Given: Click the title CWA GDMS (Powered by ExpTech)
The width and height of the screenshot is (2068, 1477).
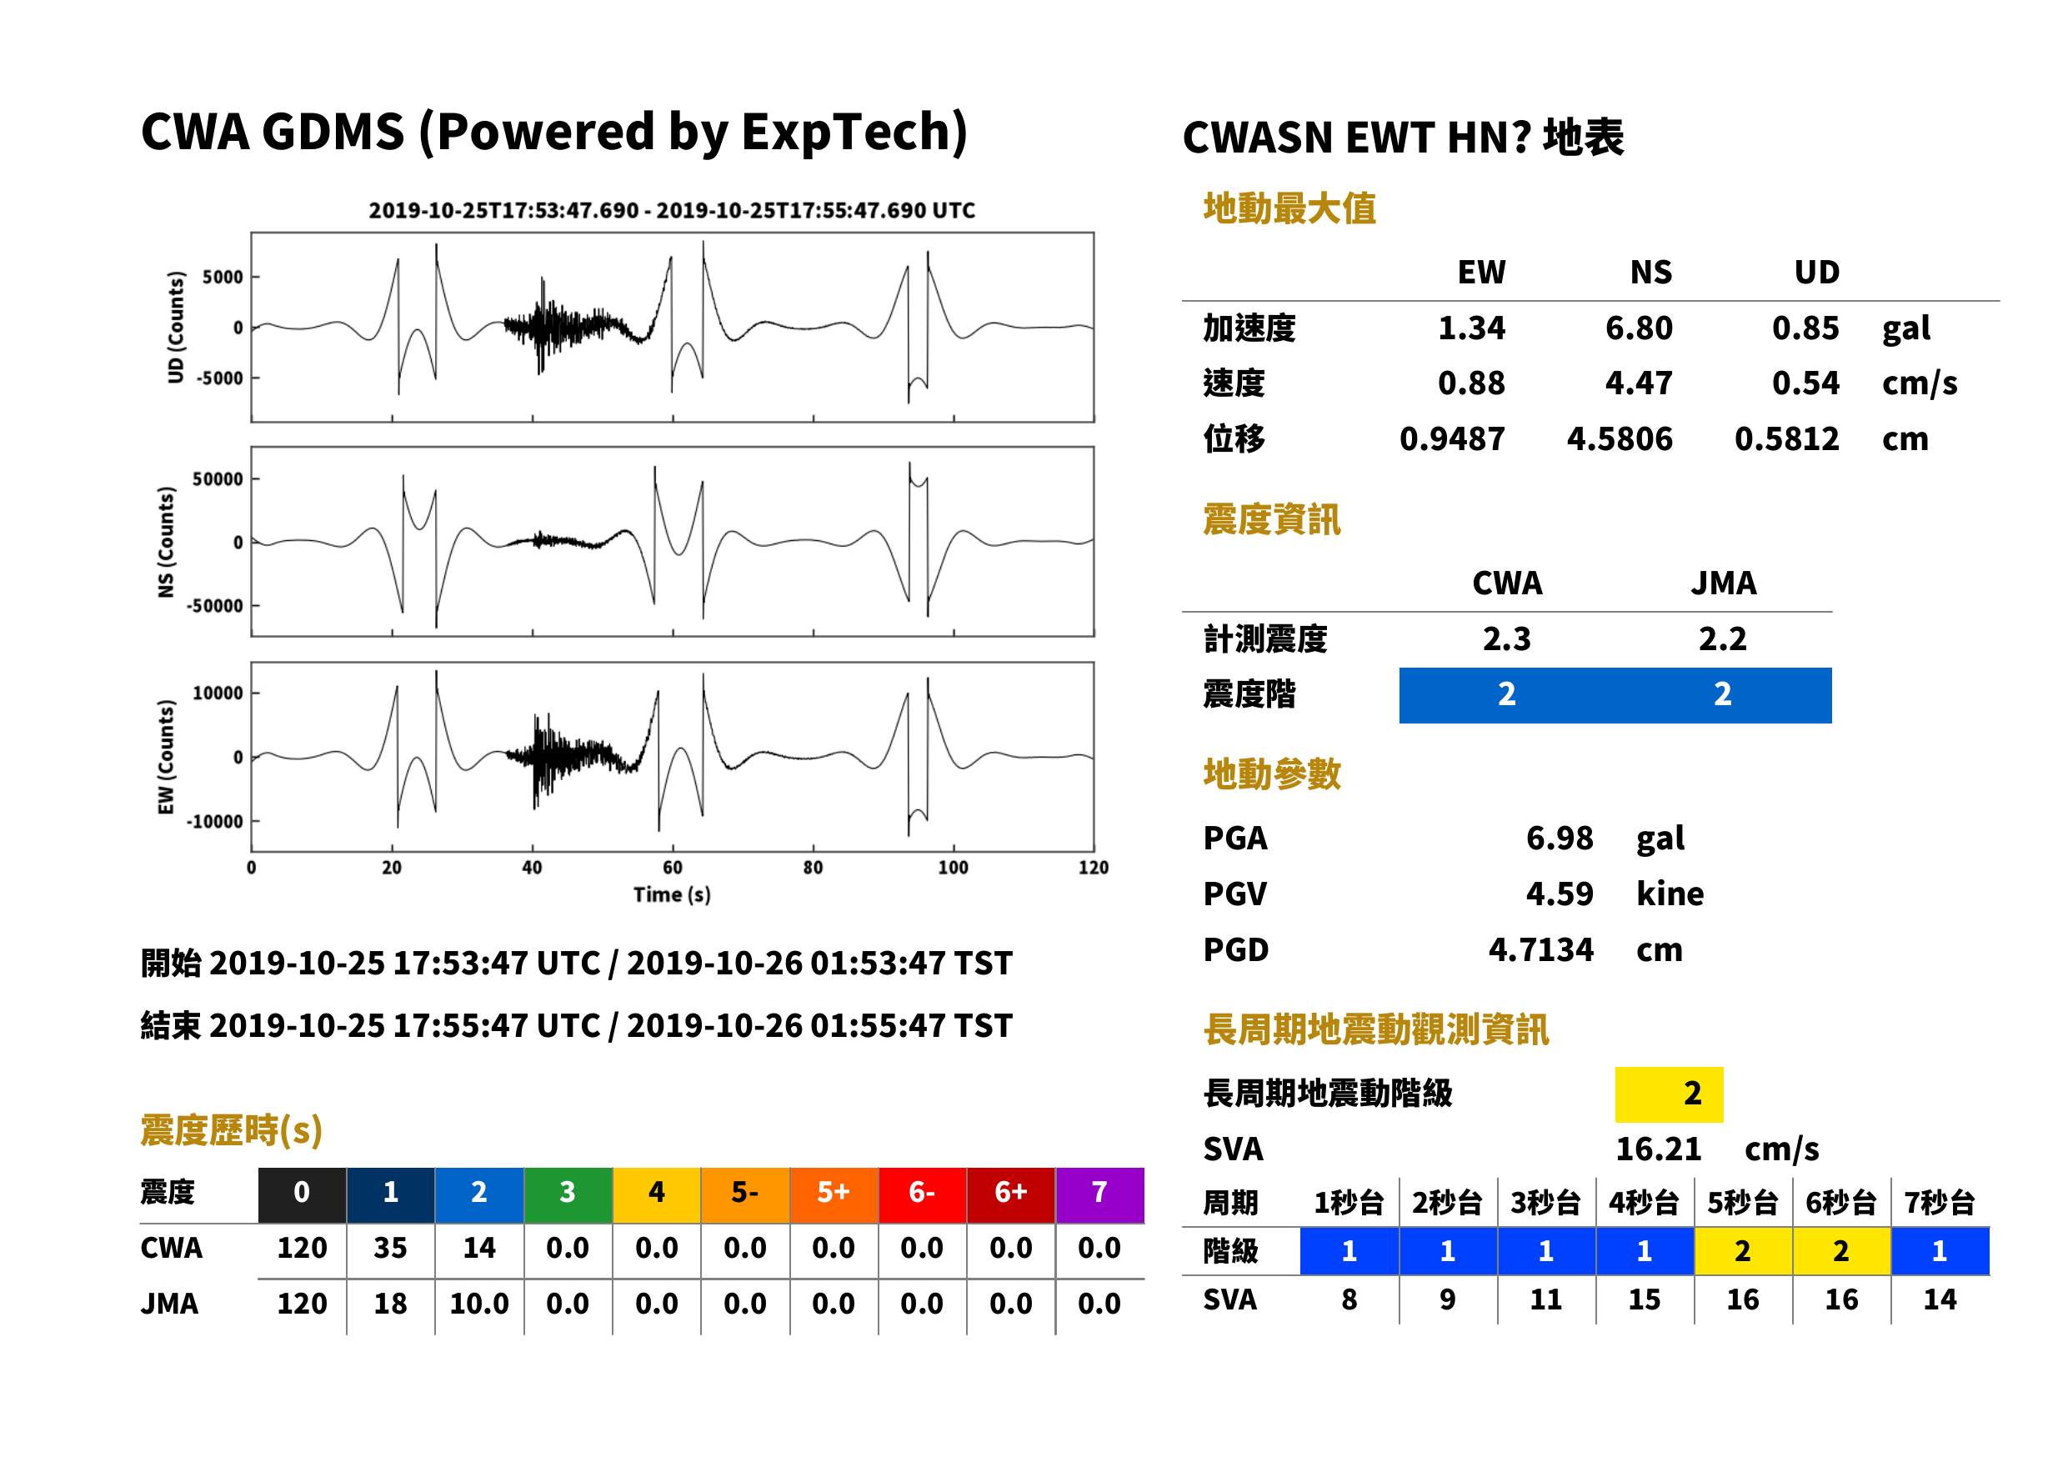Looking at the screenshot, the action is [x=553, y=132].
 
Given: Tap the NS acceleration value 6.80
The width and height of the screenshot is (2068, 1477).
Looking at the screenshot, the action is [x=1638, y=328].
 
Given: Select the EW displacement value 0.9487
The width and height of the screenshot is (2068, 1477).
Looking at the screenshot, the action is [x=1451, y=439].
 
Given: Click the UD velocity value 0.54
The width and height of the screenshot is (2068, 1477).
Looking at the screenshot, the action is [x=1805, y=383].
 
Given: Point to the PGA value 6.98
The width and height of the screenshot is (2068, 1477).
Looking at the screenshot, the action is [x=1559, y=838].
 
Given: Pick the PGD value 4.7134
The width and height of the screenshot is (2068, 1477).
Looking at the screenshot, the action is [x=1540, y=949].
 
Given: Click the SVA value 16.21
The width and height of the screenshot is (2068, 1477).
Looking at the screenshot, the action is [x=1658, y=1149].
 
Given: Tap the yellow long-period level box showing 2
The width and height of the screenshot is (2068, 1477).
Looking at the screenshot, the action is [x=1669, y=1094].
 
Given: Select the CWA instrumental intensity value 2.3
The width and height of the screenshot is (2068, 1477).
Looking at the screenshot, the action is [x=1507, y=639].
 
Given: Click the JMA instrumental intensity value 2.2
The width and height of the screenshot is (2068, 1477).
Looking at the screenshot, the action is [x=1722, y=639].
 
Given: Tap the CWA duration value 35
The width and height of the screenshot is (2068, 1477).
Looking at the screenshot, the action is [x=390, y=1248].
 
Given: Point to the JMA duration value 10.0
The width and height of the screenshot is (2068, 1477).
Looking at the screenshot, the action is [x=479, y=1304].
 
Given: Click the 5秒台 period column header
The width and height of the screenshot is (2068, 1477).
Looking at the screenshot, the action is [x=1742, y=1202].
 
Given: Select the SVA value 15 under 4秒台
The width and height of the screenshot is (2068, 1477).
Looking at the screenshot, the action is [x=1645, y=1299].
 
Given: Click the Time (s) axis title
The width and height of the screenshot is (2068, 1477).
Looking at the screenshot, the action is [x=672, y=895].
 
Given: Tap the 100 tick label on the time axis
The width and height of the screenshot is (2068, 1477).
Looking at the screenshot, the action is [x=953, y=868].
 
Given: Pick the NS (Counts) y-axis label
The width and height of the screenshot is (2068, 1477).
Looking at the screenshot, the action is [x=166, y=542].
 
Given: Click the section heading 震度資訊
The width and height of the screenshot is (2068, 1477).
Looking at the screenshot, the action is [x=1271, y=520].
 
